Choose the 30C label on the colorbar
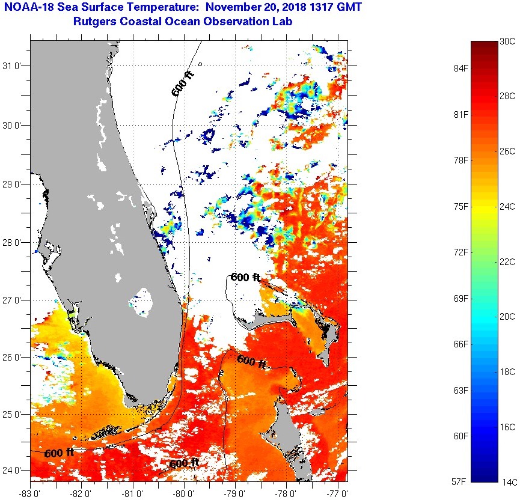[x=508, y=41]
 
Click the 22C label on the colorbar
[x=508, y=262]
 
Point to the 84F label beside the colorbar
[x=461, y=68]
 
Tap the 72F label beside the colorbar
[x=461, y=252]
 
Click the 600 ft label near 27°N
[x=246, y=277]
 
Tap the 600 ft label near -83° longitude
[x=59, y=453]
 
